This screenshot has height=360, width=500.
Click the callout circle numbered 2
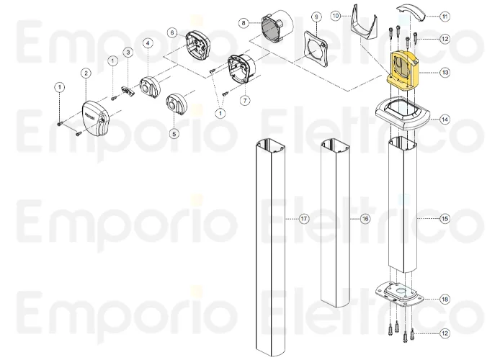click(x=85, y=73)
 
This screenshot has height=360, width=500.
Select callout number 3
click(x=128, y=53)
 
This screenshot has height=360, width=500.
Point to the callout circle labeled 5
click(x=174, y=133)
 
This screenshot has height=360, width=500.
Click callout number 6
click(x=172, y=32)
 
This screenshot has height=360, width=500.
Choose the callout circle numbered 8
click(x=244, y=23)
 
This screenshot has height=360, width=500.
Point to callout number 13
click(x=445, y=72)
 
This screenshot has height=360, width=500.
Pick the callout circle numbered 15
click(x=445, y=217)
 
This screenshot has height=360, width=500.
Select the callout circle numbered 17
click(x=304, y=218)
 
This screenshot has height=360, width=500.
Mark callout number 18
click(x=445, y=298)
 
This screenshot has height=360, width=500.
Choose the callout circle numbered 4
click(x=147, y=43)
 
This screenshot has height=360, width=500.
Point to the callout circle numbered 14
click(x=445, y=120)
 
